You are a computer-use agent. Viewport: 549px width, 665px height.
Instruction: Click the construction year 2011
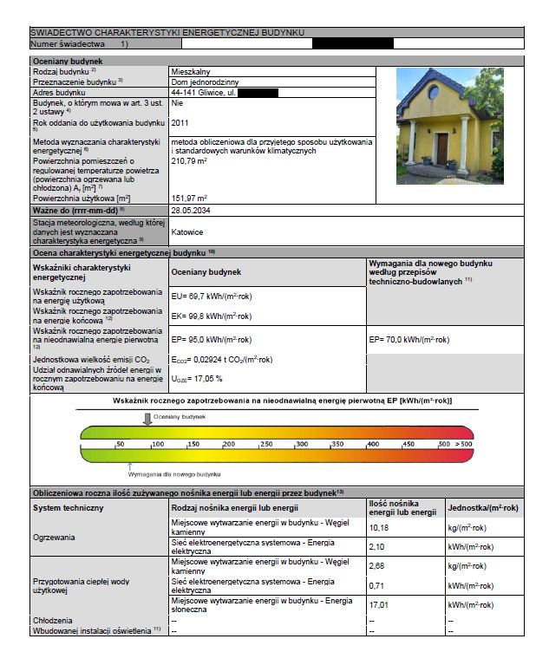point(180,123)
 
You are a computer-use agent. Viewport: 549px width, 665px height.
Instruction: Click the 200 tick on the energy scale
point(229,444)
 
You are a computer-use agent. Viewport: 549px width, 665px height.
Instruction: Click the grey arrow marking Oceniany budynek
point(147,419)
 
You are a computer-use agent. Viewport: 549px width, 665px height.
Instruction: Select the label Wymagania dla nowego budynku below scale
point(174,474)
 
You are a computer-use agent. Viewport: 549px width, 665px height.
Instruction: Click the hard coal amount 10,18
point(379,527)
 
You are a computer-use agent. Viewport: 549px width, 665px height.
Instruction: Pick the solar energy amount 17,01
point(379,604)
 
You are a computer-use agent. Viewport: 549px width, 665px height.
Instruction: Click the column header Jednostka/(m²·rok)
point(482,507)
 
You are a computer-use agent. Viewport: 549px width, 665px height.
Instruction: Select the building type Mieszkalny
point(192,71)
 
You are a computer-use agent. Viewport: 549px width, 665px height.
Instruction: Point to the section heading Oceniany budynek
point(68,62)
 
